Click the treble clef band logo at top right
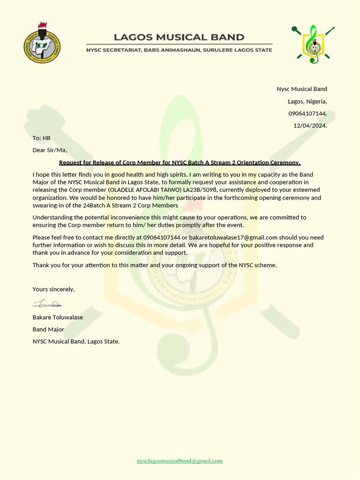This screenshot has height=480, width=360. [x=313, y=45]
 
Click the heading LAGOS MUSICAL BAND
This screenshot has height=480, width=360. [x=179, y=37]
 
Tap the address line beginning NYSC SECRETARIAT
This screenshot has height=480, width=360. [x=179, y=50]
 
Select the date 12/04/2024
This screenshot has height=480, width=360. [x=310, y=126]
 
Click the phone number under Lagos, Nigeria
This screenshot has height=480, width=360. [x=307, y=113]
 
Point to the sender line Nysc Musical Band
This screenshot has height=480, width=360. [x=301, y=89]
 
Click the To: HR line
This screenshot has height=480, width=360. [x=41, y=138]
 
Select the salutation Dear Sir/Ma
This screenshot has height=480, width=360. [x=50, y=150]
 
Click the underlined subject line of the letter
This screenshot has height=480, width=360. [x=180, y=163]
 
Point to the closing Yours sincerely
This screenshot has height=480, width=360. [x=53, y=289]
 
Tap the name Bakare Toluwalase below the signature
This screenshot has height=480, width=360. [x=58, y=317]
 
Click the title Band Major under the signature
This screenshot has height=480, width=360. [x=48, y=330]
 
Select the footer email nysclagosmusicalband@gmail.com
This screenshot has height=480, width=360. [x=180, y=461]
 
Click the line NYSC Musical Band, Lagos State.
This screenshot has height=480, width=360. [x=76, y=342]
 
